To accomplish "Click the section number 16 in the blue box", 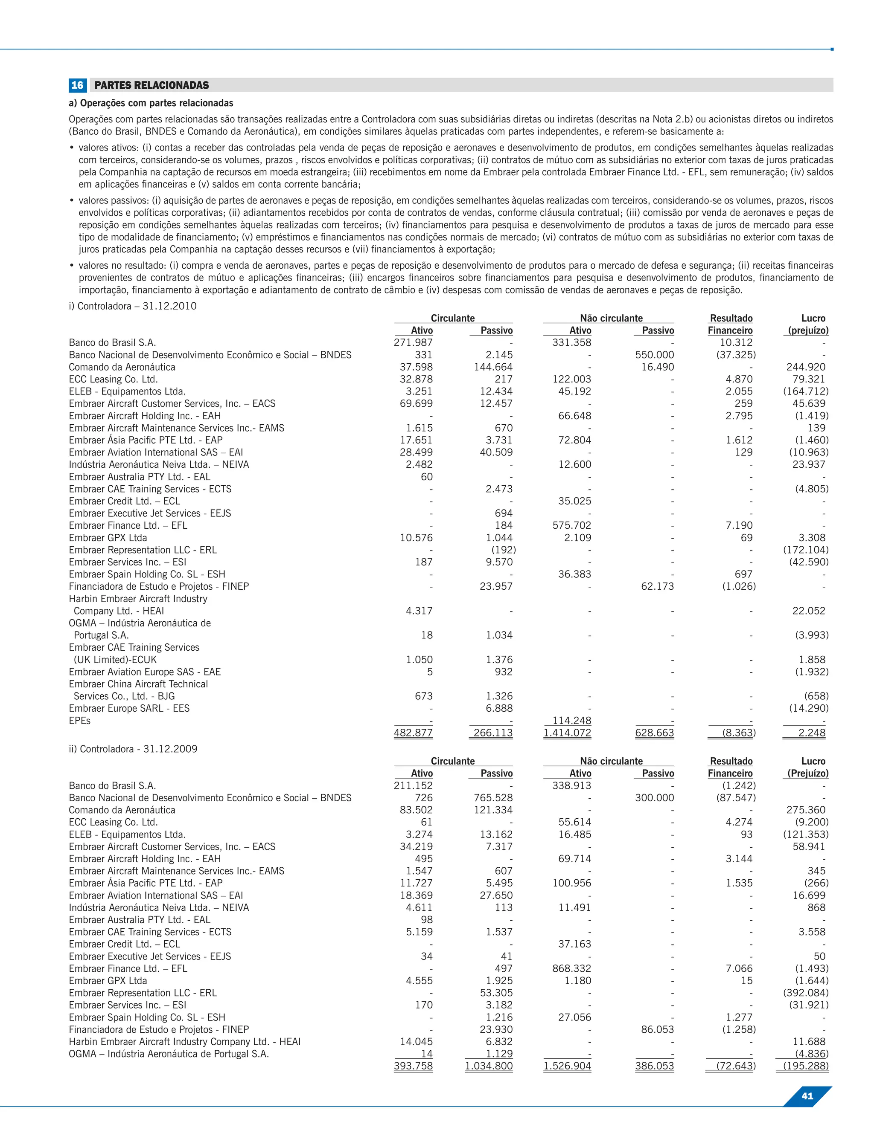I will [77, 85].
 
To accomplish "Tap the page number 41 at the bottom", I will [807, 1096].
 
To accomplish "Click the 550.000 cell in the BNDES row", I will [655, 355].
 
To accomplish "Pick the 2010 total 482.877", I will [413, 733].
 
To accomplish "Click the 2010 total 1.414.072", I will [568, 733].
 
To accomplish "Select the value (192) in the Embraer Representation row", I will [503, 550].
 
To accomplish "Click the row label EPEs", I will [80, 720].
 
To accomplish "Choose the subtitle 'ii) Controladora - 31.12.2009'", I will [133, 749].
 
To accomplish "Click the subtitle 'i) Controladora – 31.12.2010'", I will [133, 306].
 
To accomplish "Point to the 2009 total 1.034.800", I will [489, 1066].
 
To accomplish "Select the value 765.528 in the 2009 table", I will [493, 798].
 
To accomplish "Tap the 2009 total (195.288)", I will [806, 1066].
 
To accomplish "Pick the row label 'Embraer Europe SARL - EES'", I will [129, 708].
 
